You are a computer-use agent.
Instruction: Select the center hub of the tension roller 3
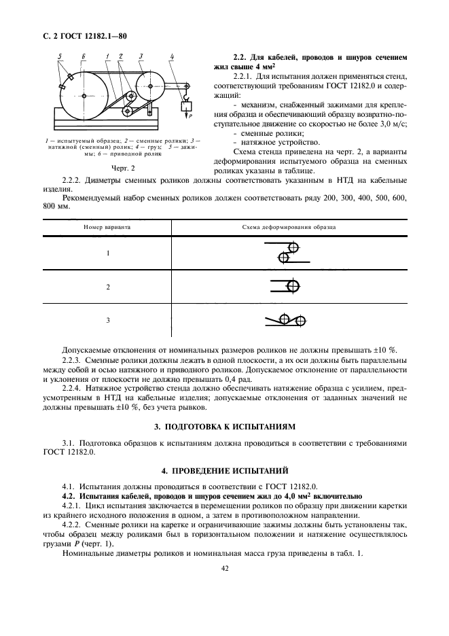coord(150,86)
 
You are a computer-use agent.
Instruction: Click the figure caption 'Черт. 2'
coord(124,167)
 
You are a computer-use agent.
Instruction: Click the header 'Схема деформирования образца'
coord(289,228)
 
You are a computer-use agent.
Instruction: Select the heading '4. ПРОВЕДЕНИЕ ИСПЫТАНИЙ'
coord(224,470)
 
